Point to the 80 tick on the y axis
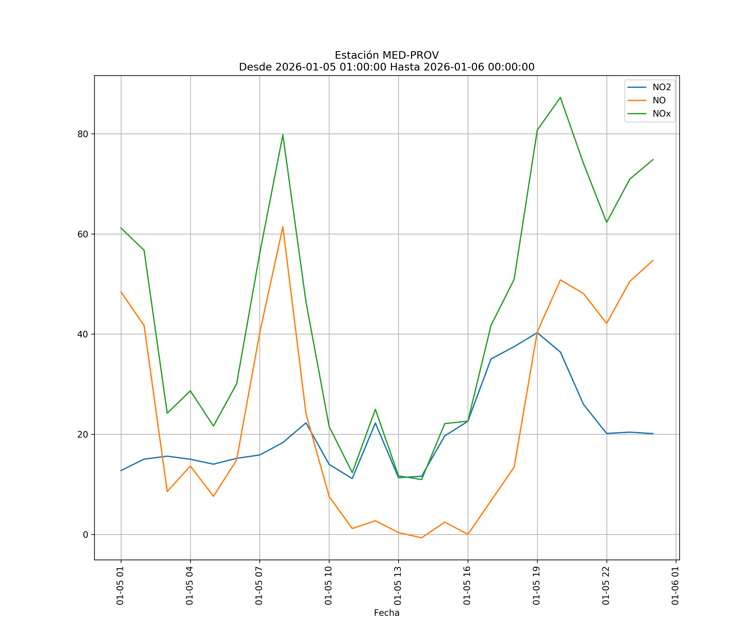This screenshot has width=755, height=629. click(83, 134)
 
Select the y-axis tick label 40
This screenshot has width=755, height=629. click(83, 334)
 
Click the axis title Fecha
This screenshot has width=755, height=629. click(387, 613)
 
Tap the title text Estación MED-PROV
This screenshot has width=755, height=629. click(387, 55)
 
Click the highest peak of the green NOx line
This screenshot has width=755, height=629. click(560, 97)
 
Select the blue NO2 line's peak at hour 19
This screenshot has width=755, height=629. click(537, 333)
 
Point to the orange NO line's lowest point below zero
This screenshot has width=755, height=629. click(421, 538)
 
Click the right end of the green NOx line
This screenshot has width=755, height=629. click(653, 160)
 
